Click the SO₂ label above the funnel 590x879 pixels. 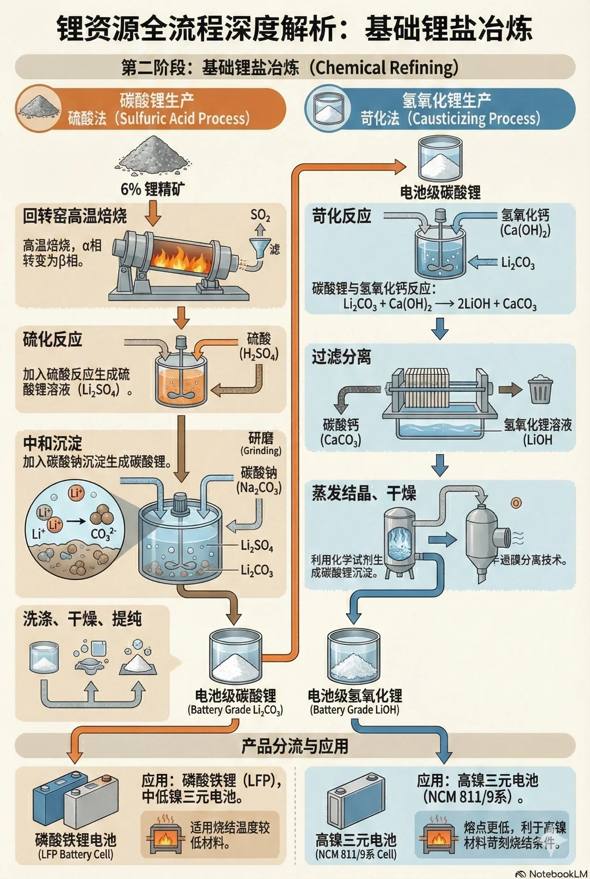tap(260, 215)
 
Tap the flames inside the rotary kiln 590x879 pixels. tap(180, 257)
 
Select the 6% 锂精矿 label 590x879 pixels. tap(152, 189)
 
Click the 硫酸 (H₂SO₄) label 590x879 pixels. tap(259, 346)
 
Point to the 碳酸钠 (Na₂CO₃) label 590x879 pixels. tap(259, 479)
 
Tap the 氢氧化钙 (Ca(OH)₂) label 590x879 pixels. tap(525, 222)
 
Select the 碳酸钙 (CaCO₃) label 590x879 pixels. tap(341, 432)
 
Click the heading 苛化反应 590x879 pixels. tap(341, 216)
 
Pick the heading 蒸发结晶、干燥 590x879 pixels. tap(364, 493)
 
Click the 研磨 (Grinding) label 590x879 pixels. tap(261, 443)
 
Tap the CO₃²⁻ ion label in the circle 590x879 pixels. tap(103, 533)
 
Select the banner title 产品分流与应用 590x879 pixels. tap(295, 746)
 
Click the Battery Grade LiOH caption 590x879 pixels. tap(355, 710)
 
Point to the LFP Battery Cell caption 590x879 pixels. tap(75, 854)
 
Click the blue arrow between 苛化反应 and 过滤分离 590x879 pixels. tap(440, 328)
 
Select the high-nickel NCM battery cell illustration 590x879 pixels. tap(355, 800)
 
